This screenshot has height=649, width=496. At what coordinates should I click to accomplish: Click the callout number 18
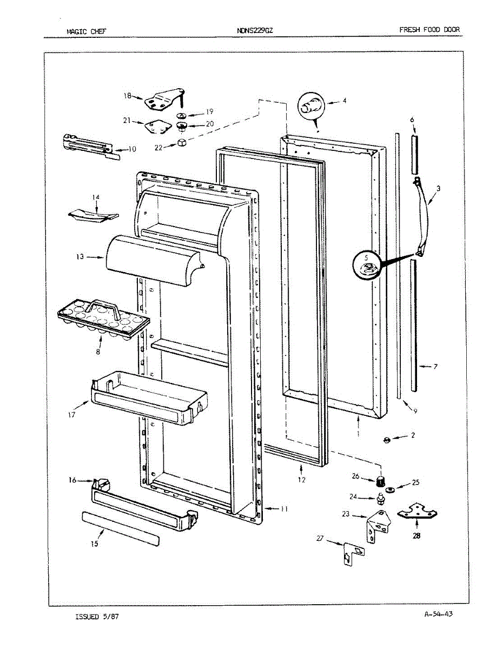point(128,96)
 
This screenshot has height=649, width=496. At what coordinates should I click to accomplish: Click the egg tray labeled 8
point(102,321)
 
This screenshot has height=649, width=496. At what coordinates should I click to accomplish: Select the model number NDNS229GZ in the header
point(255,31)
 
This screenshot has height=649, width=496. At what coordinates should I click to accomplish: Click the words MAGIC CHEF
point(86,31)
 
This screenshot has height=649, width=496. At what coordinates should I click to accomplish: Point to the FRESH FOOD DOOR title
point(429,30)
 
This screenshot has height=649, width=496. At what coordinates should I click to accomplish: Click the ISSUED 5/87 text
point(97,617)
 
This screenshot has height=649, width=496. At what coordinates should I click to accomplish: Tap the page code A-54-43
point(439,614)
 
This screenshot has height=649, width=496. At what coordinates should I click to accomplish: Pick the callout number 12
point(301,480)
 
